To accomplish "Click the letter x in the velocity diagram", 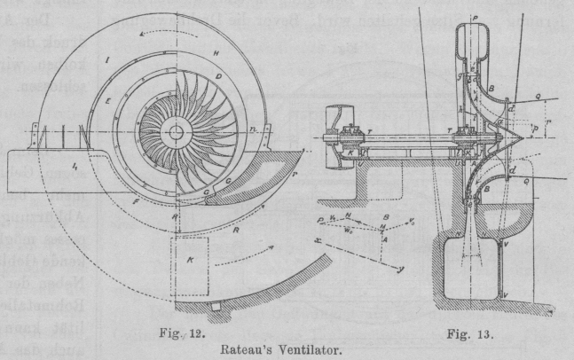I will [317, 215].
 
